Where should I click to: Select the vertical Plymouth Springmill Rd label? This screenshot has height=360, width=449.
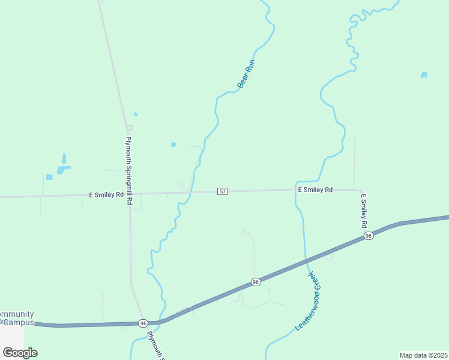[x=128, y=171]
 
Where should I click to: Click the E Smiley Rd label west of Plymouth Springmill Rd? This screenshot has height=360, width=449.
[x=106, y=194]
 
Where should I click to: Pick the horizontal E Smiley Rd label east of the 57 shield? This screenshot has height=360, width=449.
[x=315, y=190]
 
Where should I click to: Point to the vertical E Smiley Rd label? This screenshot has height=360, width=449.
[x=363, y=210]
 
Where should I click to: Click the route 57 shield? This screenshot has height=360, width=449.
[x=223, y=191]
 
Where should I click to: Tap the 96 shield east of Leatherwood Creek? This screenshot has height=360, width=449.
[x=369, y=236]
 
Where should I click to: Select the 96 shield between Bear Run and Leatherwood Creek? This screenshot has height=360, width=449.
[x=256, y=281]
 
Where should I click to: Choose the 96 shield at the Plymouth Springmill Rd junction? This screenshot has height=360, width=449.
[x=143, y=323]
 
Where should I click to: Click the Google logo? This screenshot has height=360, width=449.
[x=20, y=352]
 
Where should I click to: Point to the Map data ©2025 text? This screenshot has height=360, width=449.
[x=423, y=355]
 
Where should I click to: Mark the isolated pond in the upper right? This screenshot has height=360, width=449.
[x=424, y=75]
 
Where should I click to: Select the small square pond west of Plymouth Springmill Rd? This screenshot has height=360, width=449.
[x=49, y=177]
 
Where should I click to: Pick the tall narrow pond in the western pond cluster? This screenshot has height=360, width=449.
[x=64, y=159]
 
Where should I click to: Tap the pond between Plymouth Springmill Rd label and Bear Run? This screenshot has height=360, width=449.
[x=173, y=145]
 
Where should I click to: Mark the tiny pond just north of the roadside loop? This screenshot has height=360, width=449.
[x=136, y=114]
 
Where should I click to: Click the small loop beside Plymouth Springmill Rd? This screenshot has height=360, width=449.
[x=130, y=127]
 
